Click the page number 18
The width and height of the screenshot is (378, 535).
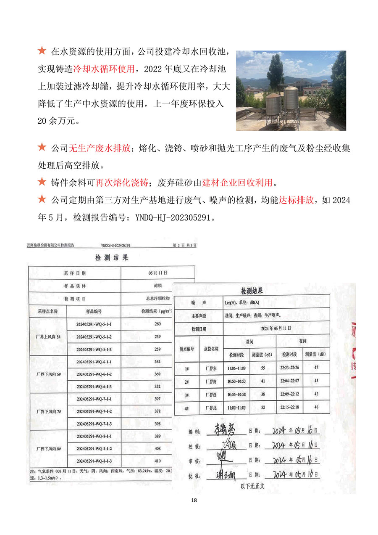tap(194, 500)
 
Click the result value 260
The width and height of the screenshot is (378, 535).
tap(157, 324)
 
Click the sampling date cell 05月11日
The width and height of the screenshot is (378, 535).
tap(157, 273)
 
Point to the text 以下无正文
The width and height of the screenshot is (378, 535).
tap(252, 486)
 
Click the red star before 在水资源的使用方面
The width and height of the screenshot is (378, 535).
tap(42, 51)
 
